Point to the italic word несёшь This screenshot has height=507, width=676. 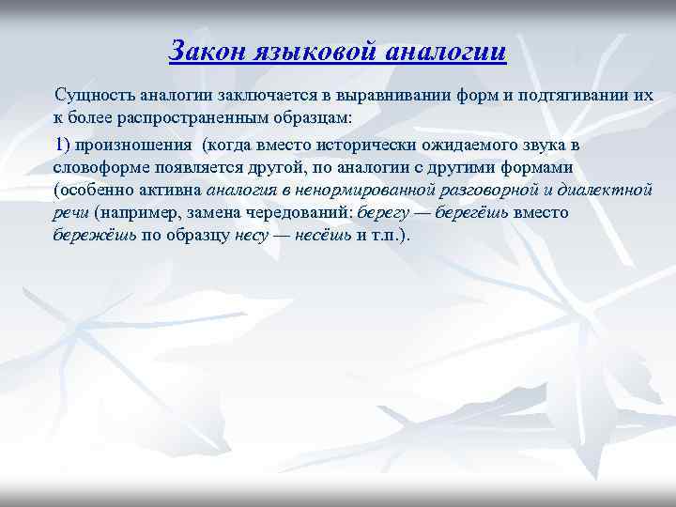tap(322, 235)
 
